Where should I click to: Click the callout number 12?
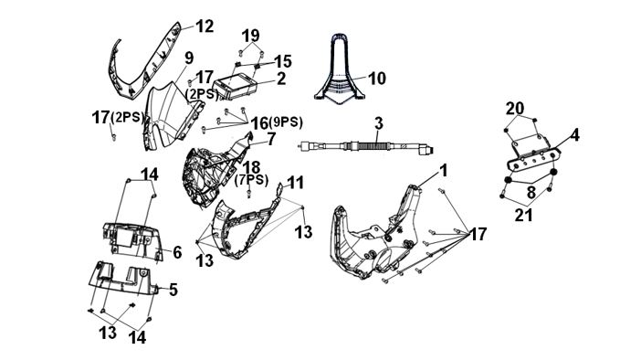205,26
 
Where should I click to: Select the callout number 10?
377,79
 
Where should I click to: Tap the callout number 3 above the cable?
379,123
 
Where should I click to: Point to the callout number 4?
575,135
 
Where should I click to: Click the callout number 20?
515,109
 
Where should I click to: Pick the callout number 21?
524,215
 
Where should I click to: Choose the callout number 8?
531,193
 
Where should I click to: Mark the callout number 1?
444,171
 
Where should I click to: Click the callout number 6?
177,252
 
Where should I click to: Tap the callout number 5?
173,290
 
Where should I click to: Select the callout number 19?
251,36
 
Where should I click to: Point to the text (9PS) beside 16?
286,122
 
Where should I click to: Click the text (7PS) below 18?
251,181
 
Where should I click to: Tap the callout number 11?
295,183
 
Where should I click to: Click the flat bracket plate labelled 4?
534,158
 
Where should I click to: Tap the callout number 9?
189,58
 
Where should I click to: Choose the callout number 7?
271,139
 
